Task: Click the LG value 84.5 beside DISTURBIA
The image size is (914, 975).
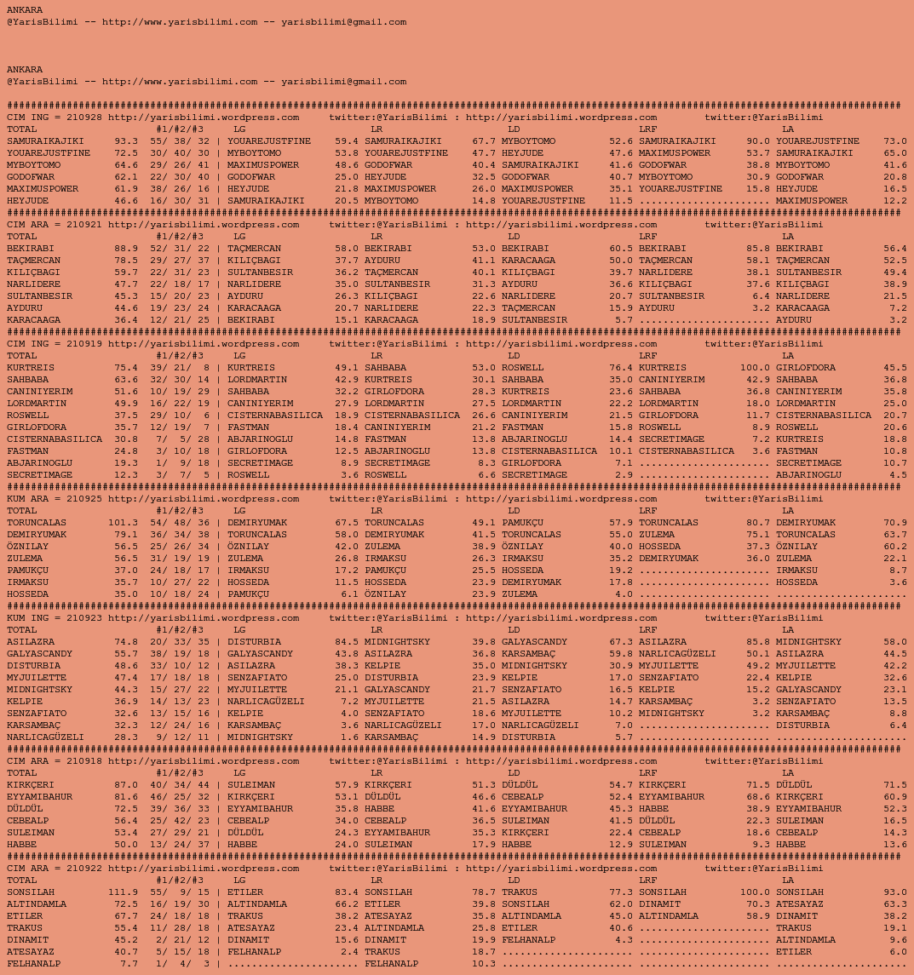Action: click(347, 642)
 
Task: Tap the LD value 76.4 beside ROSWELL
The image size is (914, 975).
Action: click(621, 368)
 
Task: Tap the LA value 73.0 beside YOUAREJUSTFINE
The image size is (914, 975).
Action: click(895, 141)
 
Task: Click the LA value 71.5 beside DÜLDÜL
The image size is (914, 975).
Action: click(895, 785)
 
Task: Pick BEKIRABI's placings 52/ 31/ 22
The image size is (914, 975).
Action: click(179, 249)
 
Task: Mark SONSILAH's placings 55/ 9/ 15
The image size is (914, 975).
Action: click(179, 892)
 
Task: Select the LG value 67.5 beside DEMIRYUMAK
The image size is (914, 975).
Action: click(347, 523)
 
